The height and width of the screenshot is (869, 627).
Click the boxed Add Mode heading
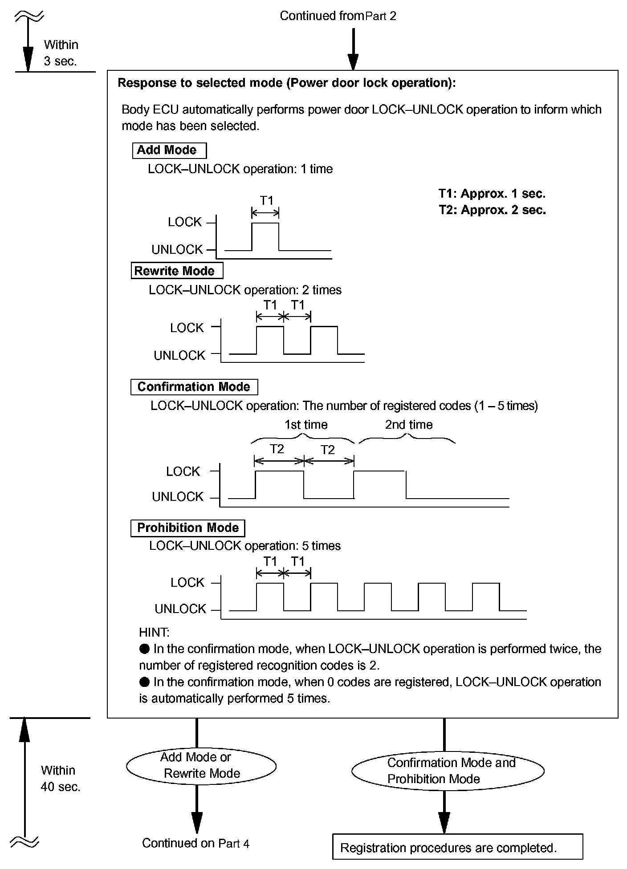pyautogui.click(x=169, y=150)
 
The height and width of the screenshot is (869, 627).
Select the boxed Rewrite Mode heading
pyautogui.click(x=177, y=271)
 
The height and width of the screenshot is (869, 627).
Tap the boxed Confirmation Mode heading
pyautogui.click(x=194, y=386)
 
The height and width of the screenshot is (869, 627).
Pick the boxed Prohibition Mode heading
pyautogui.click(x=188, y=528)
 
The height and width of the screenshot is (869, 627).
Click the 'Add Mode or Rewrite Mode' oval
pyautogui.click(x=201, y=765)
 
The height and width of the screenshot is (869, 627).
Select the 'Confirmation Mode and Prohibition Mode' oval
pyautogui.click(x=448, y=771)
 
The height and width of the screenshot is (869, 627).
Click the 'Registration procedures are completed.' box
pyautogui.click(x=457, y=848)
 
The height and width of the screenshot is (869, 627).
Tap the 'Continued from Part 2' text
pyautogui.click(x=338, y=16)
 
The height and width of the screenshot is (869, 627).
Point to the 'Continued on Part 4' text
pyautogui.click(x=195, y=843)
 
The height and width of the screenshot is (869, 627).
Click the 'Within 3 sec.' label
pyautogui.click(x=61, y=53)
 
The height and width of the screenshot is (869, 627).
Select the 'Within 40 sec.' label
pyautogui.click(x=60, y=778)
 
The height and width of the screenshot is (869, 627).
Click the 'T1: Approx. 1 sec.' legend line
pyautogui.click(x=492, y=193)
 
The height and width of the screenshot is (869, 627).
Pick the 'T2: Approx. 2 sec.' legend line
pyautogui.click(x=492, y=210)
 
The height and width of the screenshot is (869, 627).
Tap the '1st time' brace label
pyautogui.click(x=306, y=424)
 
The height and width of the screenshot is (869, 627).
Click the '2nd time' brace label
pyautogui.click(x=408, y=424)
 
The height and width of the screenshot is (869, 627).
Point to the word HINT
pyautogui.click(x=154, y=632)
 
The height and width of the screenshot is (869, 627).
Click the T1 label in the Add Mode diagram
pyautogui.click(x=266, y=201)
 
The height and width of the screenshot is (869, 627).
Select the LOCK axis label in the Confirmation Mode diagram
pyautogui.click(x=183, y=471)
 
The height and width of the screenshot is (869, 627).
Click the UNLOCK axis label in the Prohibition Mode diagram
pyautogui.click(x=180, y=609)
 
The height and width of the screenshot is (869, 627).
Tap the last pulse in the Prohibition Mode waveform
pyautogui.click(x=486, y=597)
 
